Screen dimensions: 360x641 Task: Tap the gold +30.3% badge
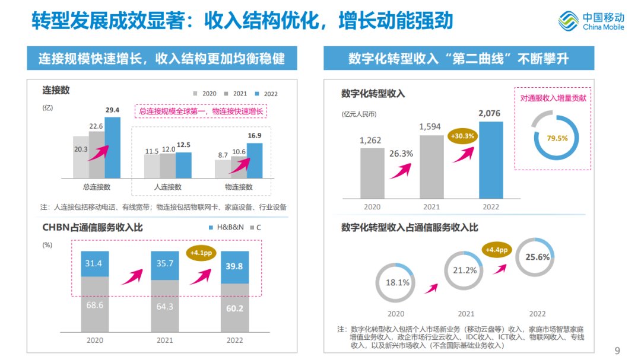(x=462, y=136)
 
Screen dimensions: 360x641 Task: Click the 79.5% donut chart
(x=557, y=138)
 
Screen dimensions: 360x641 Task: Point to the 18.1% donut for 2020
(x=397, y=282)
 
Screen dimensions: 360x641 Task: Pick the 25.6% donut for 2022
(x=537, y=257)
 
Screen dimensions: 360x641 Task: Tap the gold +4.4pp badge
(x=496, y=250)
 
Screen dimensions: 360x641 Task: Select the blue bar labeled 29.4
(x=112, y=148)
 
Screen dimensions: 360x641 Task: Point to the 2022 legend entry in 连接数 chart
(x=266, y=94)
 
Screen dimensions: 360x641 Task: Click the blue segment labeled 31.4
(x=94, y=264)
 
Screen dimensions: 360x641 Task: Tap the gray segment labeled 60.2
(x=234, y=307)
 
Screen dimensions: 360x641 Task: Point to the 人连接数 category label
(x=167, y=187)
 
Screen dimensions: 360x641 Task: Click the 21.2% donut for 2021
(x=466, y=270)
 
